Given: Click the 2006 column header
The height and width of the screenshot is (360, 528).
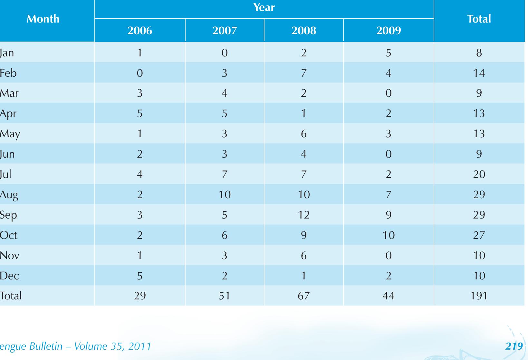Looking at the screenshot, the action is [x=140, y=30].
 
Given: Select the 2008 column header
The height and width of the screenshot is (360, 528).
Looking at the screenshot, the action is [x=303, y=30].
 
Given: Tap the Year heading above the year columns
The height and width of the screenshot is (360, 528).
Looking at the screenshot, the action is [x=264, y=7].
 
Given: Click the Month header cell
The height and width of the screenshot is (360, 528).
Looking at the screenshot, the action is [x=43, y=19].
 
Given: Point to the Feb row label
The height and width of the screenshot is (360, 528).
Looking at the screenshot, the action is [x=8, y=73].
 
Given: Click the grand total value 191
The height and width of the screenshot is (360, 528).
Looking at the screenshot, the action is [x=479, y=296].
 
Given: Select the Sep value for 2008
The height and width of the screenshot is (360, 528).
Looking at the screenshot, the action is [x=303, y=215].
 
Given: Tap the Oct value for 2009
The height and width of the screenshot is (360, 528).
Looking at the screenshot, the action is [x=389, y=235].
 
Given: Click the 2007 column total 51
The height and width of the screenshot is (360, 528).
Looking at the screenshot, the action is [x=225, y=296].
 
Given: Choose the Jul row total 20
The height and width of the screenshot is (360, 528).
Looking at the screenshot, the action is [x=479, y=174].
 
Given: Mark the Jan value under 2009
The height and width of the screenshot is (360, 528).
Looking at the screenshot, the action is [x=389, y=53].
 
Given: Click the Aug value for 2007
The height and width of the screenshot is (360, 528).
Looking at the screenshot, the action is [x=225, y=194].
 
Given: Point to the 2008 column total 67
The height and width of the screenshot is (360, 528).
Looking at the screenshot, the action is [x=303, y=296].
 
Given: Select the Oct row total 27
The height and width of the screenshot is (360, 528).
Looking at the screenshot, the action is [x=479, y=235].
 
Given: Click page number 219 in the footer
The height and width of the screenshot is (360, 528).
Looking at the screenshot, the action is [x=514, y=346].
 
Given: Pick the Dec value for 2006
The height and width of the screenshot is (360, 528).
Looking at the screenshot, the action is [x=140, y=276].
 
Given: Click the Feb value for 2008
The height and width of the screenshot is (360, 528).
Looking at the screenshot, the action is [x=303, y=73].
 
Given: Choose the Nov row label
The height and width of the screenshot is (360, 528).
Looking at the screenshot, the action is [x=9, y=255].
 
